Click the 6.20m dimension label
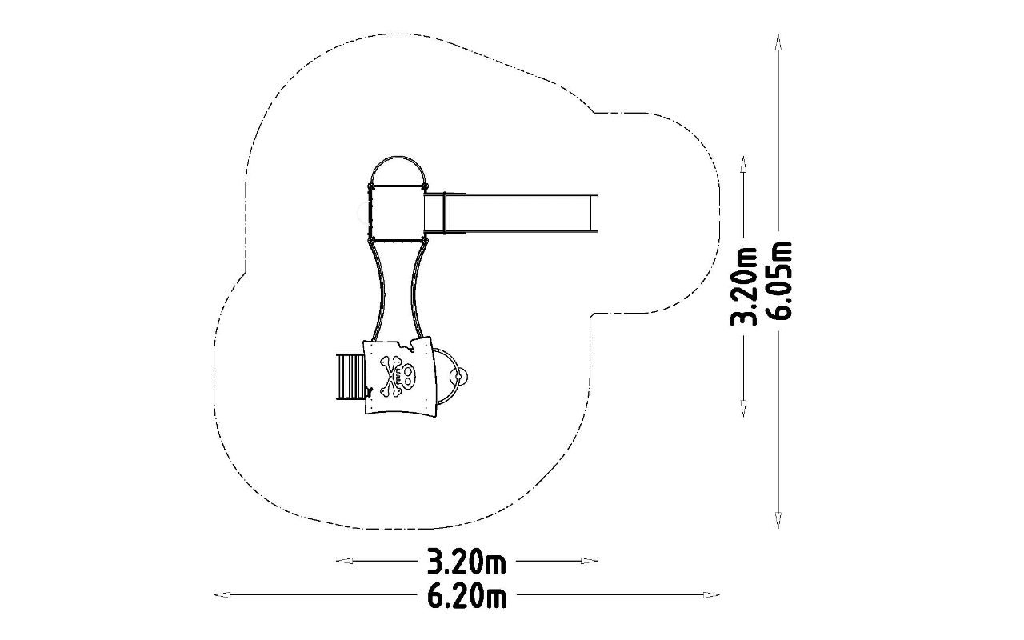(466, 596)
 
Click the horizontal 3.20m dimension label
(466, 562)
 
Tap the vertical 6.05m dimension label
(778, 280)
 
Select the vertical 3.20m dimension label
(743, 286)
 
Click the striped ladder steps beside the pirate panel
(350, 377)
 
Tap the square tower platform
(398, 212)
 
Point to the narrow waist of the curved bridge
(398, 293)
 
